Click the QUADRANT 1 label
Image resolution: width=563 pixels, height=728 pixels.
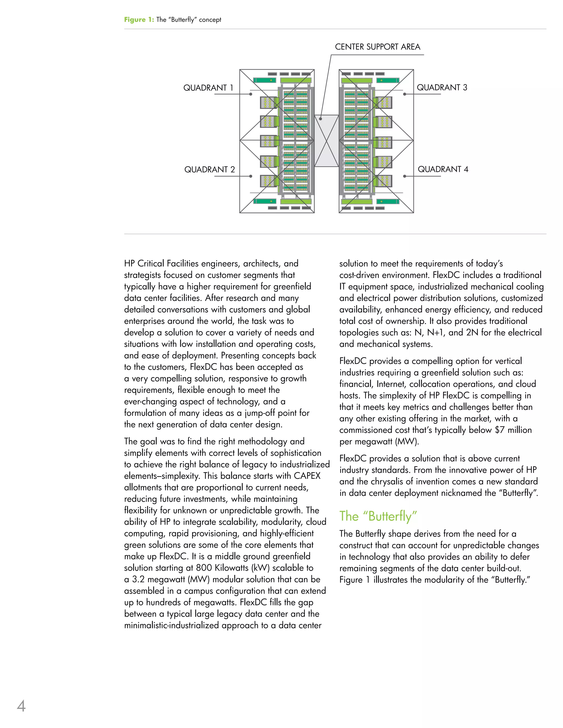(208, 88)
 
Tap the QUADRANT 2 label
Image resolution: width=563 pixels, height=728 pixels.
(209, 170)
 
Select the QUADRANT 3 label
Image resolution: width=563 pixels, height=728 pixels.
(442, 87)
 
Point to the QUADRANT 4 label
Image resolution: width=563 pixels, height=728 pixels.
(443, 169)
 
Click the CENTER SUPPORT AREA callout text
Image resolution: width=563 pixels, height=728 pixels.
(377, 47)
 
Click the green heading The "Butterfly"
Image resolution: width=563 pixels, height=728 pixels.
(378, 516)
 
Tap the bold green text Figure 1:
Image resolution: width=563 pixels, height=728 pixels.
(139, 20)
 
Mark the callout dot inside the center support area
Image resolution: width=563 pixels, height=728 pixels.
(321, 118)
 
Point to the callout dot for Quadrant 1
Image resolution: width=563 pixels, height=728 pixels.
(251, 94)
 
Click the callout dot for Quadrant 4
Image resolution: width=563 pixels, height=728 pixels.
(405, 176)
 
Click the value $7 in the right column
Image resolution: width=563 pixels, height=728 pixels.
(499, 430)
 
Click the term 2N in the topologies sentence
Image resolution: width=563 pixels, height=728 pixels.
(472, 332)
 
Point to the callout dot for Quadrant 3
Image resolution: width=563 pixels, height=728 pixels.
(405, 94)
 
